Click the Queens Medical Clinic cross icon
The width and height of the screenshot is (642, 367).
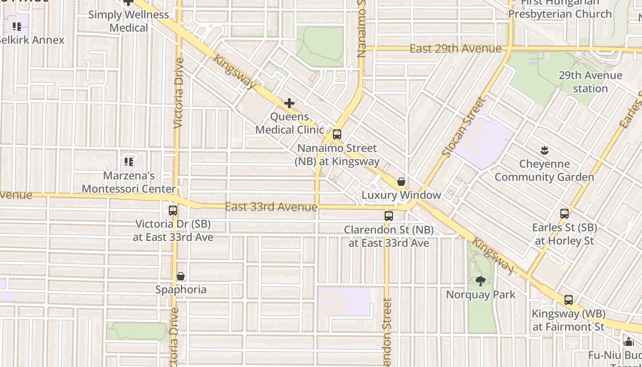click(289, 103)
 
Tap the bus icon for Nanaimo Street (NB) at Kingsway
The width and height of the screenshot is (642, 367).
click(337, 134)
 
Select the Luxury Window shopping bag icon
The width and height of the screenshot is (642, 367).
click(401, 182)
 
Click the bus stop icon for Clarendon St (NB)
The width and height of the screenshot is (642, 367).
click(389, 216)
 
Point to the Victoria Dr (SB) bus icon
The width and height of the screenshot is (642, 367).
click(173, 210)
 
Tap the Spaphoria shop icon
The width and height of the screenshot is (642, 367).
click(181, 276)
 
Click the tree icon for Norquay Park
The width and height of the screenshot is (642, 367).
click(481, 281)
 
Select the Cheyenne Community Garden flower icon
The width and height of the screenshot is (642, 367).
click(544, 150)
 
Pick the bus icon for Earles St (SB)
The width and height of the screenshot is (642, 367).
click(565, 213)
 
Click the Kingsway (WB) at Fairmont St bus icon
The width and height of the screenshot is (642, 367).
click(569, 300)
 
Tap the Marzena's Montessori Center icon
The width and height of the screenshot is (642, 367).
click(129, 161)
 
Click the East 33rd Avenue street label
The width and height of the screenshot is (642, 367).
click(271, 207)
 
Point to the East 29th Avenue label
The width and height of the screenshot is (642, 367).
click(455, 49)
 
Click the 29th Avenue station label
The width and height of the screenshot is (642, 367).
click(590, 82)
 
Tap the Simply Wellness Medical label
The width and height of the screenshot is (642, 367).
click(128, 21)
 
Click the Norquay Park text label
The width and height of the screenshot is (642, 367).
click(481, 295)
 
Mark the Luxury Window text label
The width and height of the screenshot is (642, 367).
click(401, 195)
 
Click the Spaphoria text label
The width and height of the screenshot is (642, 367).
click(181, 289)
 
